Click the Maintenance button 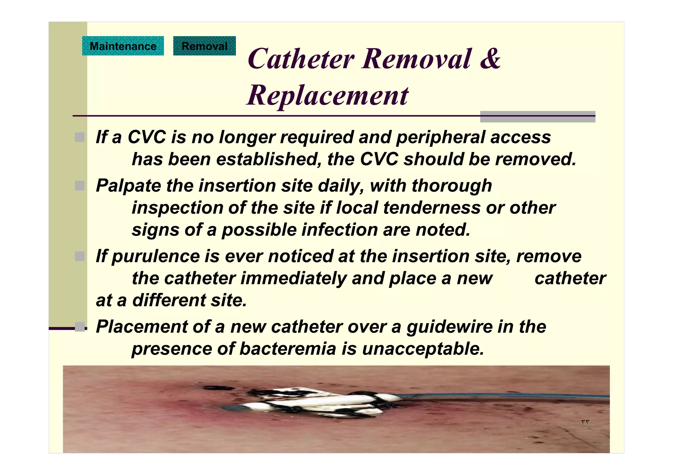click(123, 46)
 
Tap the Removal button click(204, 46)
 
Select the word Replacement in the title click(327, 95)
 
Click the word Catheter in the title click(301, 59)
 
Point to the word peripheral click(440, 137)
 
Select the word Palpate click(128, 186)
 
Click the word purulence click(155, 256)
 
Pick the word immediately click(293, 278)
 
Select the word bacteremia click(288, 349)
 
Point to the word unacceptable click(423, 349)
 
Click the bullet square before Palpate click(80, 186)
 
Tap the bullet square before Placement click(80, 327)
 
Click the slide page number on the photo click(585, 422)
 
